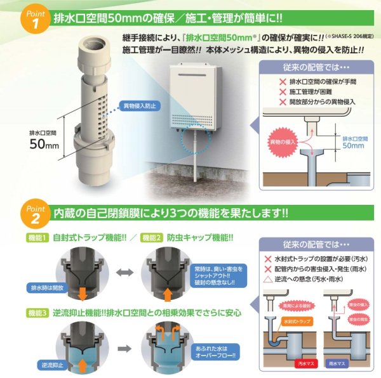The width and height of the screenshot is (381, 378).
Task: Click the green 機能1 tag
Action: coord(36,238)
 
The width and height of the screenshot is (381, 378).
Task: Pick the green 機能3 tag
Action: coord(36,312)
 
